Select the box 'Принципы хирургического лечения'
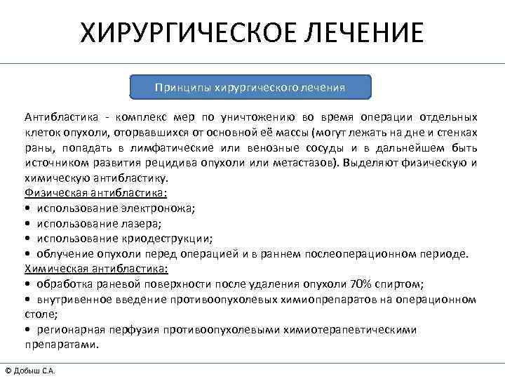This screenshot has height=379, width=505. tap(250, 88)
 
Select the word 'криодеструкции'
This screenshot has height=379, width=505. tap(170, 239)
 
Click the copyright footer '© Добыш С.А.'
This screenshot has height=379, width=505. tap(29, 370)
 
